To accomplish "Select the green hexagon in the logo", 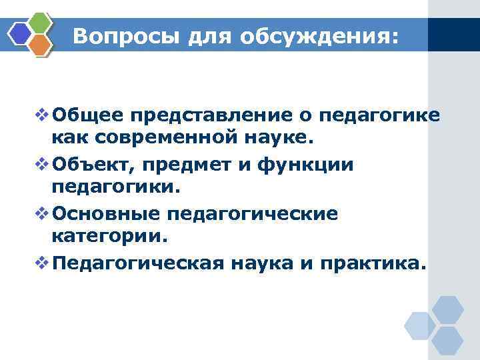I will [x=41, y=23].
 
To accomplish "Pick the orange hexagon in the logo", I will [x=41, y=45].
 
